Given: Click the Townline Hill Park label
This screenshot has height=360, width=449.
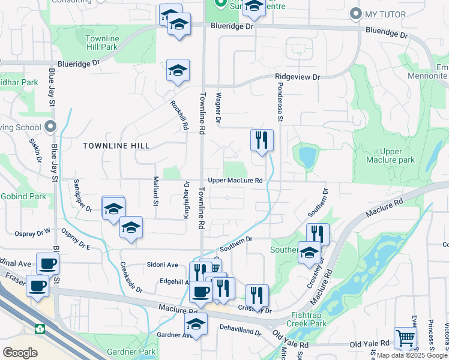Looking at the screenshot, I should (101, 43).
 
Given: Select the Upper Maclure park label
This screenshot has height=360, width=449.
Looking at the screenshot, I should (390, 156).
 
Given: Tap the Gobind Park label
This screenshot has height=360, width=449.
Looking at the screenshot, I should (23, 196).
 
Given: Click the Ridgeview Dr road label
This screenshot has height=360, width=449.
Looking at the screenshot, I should (298, 77).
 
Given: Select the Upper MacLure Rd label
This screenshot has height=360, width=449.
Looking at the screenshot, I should (235, 181).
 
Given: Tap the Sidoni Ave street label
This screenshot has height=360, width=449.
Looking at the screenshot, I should (163, 265).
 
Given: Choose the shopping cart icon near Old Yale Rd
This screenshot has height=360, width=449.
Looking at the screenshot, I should (406, 338).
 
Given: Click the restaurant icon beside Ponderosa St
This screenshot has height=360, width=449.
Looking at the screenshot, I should (262, 140).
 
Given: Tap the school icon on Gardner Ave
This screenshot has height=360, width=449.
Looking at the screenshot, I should (196, 325).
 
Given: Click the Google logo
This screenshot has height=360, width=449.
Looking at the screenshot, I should (20, 352).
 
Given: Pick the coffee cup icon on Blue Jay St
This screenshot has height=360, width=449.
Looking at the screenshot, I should (48, 263).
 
